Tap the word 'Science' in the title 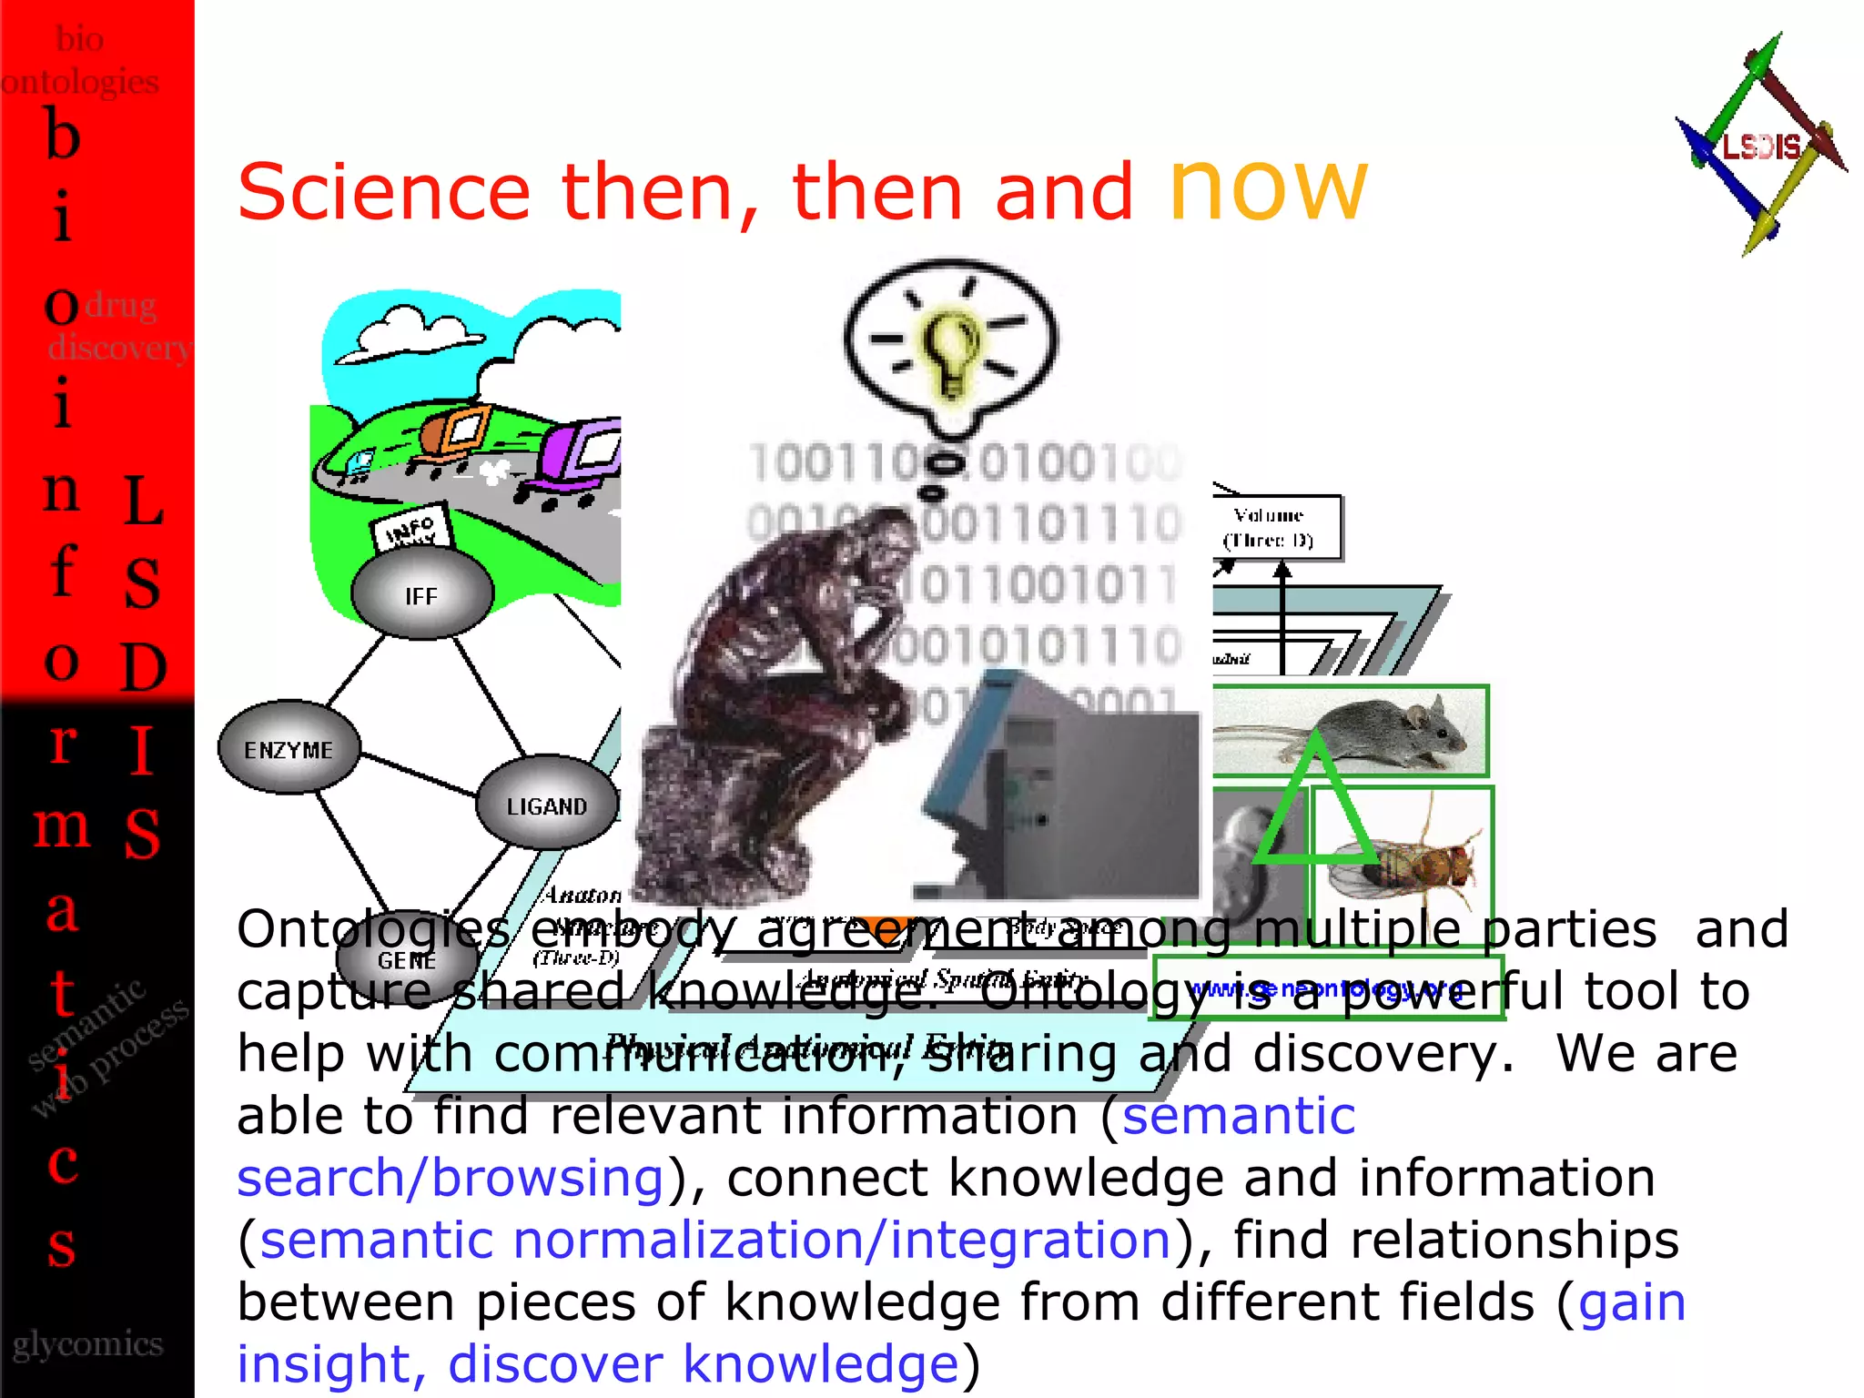click(383, 192)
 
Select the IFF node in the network click(421, 595)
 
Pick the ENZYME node click(289, 749)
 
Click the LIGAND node click(546, 805)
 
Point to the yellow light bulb click(951, 350)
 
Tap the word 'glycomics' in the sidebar click(88, 1343)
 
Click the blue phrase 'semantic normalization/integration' click(715, 1240)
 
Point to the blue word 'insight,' click(331, 1363)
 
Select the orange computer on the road click(460, 428)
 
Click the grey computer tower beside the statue click(1065, 792)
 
